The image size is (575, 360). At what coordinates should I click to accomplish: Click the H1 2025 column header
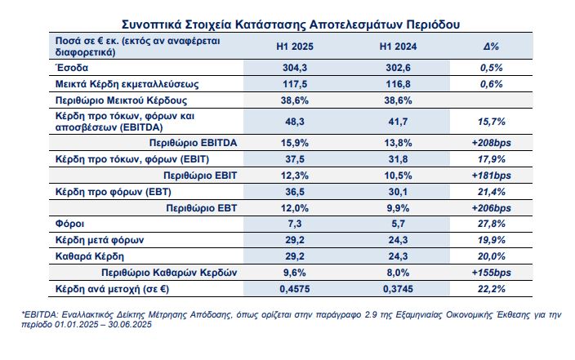coord(295,47)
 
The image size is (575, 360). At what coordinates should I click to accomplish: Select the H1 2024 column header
coord(398,47)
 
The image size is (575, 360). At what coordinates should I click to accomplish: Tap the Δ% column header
coord(491,47)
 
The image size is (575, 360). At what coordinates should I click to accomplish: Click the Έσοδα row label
coord(72,68)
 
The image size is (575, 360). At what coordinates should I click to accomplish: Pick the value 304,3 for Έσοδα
coord(295,68)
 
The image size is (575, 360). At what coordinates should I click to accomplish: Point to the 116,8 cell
coord(398,84)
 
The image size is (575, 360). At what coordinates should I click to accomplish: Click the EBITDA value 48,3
coord(295,122)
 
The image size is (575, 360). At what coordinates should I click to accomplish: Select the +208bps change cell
coord(491,143)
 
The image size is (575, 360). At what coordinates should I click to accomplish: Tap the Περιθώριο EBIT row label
coord(200,176)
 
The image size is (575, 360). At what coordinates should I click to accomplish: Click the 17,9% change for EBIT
coord(492,159)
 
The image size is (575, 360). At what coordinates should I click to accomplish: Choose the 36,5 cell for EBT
coord(295,192)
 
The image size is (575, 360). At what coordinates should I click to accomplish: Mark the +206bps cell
coord(491,208)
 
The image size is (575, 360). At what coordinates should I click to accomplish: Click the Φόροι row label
coord(69,224)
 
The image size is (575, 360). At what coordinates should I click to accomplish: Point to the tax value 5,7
coord(398,224)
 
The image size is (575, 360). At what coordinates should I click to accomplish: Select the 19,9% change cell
coord(492,240)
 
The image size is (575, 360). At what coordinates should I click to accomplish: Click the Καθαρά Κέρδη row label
coord(90,256)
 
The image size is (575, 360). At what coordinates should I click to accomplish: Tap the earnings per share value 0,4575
coord(295,289)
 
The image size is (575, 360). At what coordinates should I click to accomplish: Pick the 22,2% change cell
coord(492,289)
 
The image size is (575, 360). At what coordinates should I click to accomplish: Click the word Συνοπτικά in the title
coord(151,24)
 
